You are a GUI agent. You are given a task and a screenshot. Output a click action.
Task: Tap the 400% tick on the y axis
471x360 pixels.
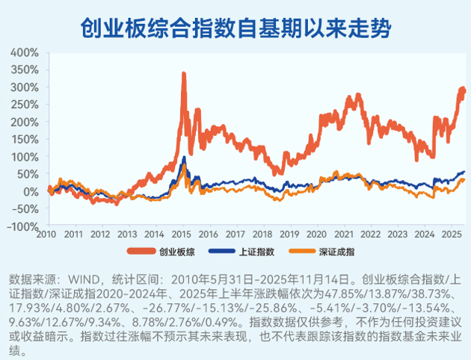pos(24,53)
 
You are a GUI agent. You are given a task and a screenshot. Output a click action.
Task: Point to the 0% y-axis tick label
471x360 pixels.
pos(30,191)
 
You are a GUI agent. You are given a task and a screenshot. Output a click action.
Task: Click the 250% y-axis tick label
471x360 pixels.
pos(24,105)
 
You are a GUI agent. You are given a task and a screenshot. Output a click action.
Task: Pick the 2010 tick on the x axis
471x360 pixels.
pos(48,235)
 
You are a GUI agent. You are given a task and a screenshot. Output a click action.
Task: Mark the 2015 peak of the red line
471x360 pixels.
pos(184,73)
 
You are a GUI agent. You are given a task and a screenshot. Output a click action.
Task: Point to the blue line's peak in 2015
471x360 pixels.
pos(185,157)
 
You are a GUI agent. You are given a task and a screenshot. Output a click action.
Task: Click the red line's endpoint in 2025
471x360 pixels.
pos(464,90)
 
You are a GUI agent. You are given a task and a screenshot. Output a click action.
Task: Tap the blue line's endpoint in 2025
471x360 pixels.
pos(464,173)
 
